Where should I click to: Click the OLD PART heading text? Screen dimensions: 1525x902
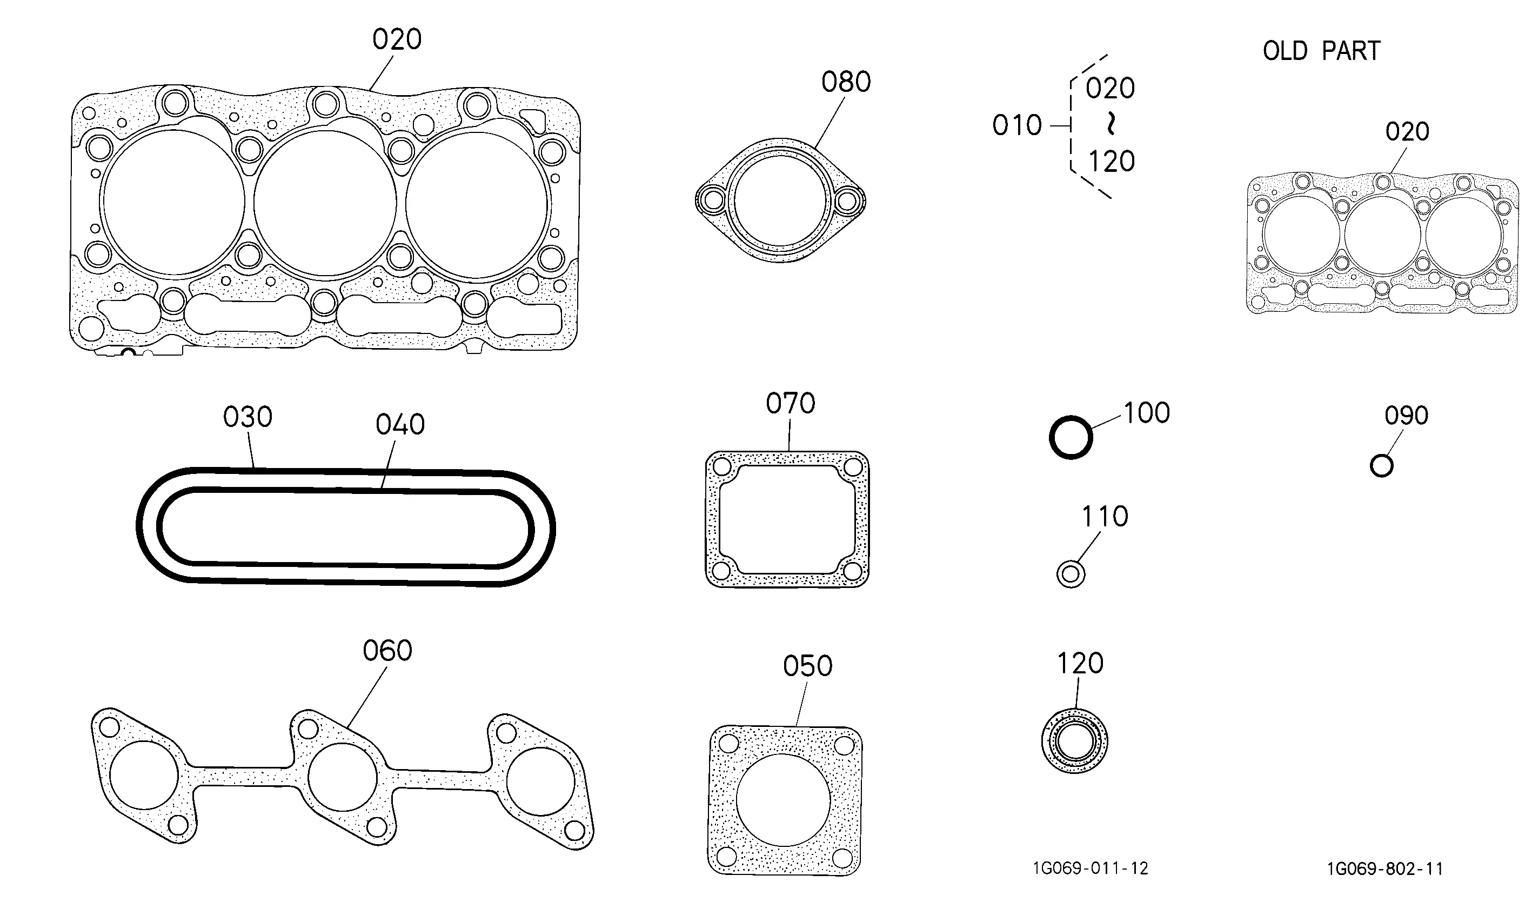(x=1321, y=50)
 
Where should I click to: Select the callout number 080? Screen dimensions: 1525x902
(x=846, y=82)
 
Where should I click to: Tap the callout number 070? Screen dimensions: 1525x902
(x=790, y=403)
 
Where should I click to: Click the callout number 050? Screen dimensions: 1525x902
(x=807, y=666)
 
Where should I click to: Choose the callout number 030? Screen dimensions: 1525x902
(x=248, y=417)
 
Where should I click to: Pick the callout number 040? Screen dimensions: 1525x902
(x=400, y=424)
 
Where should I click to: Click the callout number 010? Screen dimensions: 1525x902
(x=1017, y=125)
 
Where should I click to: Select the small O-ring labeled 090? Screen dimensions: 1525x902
(x=1381, y=466)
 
